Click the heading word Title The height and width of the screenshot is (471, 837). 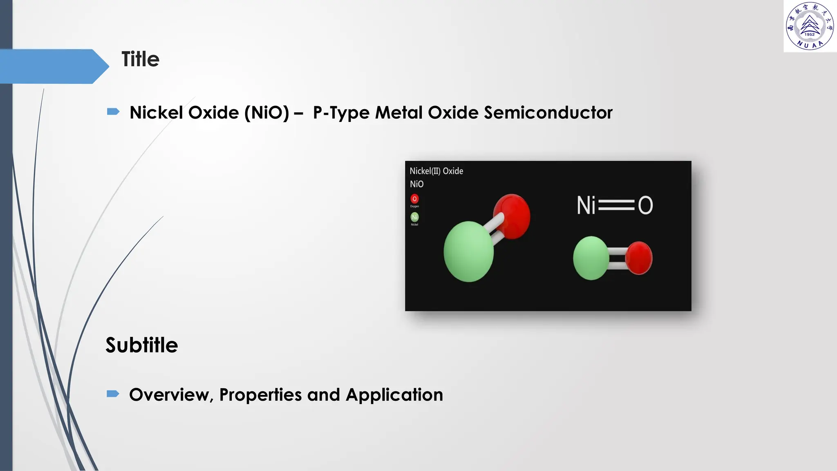click(140, 59)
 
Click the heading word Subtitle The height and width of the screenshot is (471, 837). click(142, 345)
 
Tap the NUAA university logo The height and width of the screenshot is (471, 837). click(810, 26)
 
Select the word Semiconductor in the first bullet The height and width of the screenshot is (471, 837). click(548, 112)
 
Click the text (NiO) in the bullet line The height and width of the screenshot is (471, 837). click(266, 112)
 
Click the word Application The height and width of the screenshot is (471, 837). click(394, 395)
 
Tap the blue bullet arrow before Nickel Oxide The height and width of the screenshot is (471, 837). click(113, 112)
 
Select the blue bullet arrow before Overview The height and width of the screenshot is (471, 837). click(113, 394)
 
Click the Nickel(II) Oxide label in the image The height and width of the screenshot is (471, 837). click(436, 171)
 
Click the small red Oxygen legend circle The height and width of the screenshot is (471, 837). click(414, 199)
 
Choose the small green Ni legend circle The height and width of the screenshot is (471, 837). click(414, 217)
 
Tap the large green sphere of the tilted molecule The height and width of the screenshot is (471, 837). click(468, 251)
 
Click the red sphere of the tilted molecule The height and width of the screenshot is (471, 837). click(512, 216)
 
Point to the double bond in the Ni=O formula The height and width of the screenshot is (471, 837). click(616, 205)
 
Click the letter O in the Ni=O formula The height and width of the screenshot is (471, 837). click(645, 205)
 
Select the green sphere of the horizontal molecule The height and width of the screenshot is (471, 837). click(591, 258)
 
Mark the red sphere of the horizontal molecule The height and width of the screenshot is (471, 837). click(639, 258)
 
